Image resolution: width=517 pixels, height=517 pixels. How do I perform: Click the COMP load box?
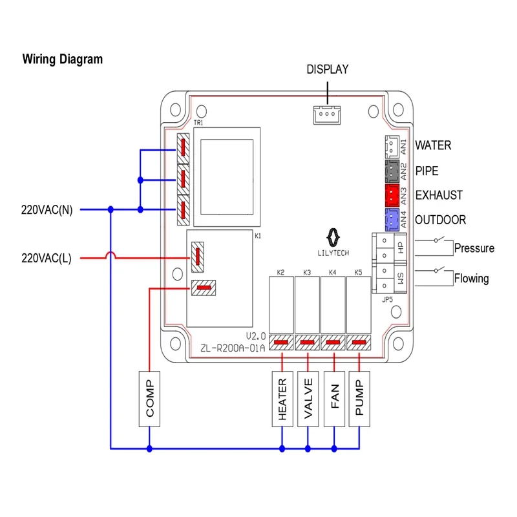pyautogui.click(x=150, y=399)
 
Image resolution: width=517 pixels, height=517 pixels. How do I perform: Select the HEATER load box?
pyautogui.click(x=282, y=399)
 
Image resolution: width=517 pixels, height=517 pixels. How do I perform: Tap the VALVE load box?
pyautogui.click(x=308, y=399)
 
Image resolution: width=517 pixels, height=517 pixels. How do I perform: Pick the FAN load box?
pyautogui.click(x=334, y=399)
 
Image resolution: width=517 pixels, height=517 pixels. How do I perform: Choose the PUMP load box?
pyautogui.click(x=360, y=399)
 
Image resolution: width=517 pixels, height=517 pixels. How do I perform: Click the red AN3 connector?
pyautogui.click(x=392, y=195)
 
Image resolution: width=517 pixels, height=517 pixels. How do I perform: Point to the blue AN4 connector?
pyautogui.click(x=392, y=220)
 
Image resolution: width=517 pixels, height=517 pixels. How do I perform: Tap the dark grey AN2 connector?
pyautogui.click(x=392, y=170)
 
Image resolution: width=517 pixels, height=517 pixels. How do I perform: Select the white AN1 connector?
pyautogui.click(x=392, y=147)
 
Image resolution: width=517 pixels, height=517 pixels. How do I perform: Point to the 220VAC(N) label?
pyautogui.click(x=47, y=209)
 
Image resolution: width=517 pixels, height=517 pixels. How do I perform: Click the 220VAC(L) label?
pyautogui.click(x=47, y=258)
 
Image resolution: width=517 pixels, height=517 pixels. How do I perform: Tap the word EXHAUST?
pyautogui.click(x=439, y=195)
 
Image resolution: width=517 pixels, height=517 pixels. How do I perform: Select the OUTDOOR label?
pyautogui.click(x=440, y=220)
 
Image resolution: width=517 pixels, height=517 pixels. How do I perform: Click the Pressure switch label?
pyautogui.click(x=474, y=248)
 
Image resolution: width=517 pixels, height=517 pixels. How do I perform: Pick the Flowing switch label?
pyautogui.click(x=471, y=279)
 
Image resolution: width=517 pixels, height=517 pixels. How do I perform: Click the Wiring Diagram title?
pyautogui.click(x=63, y=59)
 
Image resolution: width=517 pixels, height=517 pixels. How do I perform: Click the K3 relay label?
pyautogui.click(x=307, y=273)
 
